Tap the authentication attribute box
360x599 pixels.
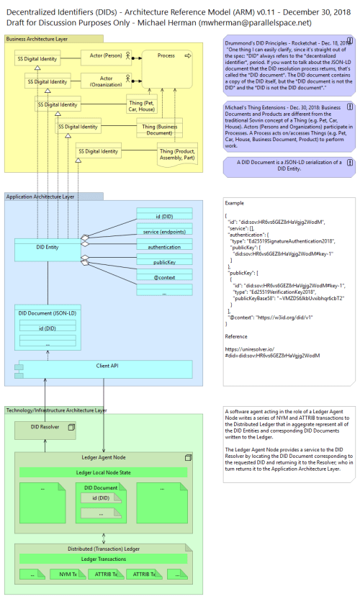tap(163, 247)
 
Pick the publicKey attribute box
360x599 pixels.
tap(163, 264)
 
